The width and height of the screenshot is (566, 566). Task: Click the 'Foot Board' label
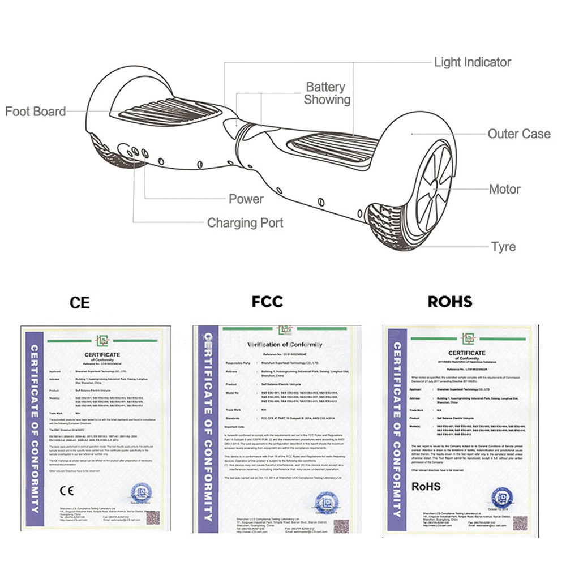tap(35, 112)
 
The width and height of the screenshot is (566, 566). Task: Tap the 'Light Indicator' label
tap(472, 62)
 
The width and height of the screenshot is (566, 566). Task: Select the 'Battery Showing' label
tap(327, 93)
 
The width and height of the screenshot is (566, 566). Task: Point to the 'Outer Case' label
tap(519, 134)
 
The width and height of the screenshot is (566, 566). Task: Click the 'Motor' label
tap(504, 189)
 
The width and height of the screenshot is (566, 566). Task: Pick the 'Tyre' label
tap(503, 247)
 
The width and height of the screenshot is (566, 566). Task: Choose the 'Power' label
tap(246, 199)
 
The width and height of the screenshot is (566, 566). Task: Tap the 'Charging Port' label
tap(245, 222)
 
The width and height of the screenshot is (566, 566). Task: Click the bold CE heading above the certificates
tap(79, 302)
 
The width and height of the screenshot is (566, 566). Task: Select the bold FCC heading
tap(267, 302)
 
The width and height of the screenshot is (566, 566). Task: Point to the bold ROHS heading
tap(449, 302)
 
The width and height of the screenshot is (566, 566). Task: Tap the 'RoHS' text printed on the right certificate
tap(426, 486)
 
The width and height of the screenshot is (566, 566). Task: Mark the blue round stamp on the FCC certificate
tap(327, 501)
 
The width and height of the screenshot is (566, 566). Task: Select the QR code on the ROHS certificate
tap(520, 522)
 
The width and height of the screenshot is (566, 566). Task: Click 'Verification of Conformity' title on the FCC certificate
tap(285, 345)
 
